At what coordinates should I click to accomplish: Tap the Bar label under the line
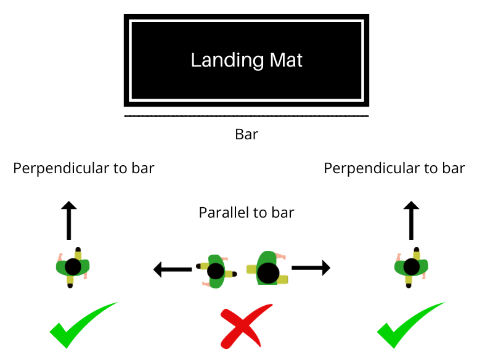(x=246, y=134)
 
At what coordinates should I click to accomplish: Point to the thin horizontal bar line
(x=246, y=115)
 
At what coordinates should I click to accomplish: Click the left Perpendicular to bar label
(x=84, y=168)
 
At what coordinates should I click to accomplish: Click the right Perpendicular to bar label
(x=394, y=168)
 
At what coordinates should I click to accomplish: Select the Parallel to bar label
(x=246, y=213)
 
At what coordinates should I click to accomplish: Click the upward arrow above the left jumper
(x=69, y=221)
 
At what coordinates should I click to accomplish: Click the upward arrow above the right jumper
(x=411, y=221)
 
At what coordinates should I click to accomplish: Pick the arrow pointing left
(x=173, y=269)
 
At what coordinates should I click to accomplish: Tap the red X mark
(x=246, y=325)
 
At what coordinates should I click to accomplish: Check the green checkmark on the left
(x=83, y=324)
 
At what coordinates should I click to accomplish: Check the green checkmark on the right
(x=410, y=324)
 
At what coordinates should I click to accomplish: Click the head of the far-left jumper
(x=73, y=267)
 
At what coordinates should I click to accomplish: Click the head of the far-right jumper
(x=412, y=267)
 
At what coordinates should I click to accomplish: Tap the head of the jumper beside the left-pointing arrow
(x=216, y=271)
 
